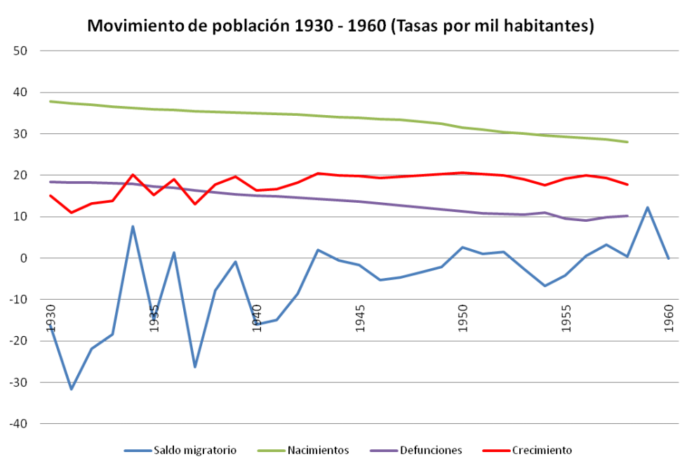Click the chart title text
(340, 27)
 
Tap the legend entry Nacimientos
(318, 450)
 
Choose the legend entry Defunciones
(431, 450)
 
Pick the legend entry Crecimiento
(542, 450)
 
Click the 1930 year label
(51, 318)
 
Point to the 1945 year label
(359, 318)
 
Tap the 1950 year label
(462, 318)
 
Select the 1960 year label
(669, 318)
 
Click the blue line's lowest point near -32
(71, 389)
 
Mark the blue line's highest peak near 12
(648, 208)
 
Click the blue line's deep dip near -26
(194, 366)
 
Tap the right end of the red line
(627, 185)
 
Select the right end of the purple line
(627, 216)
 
